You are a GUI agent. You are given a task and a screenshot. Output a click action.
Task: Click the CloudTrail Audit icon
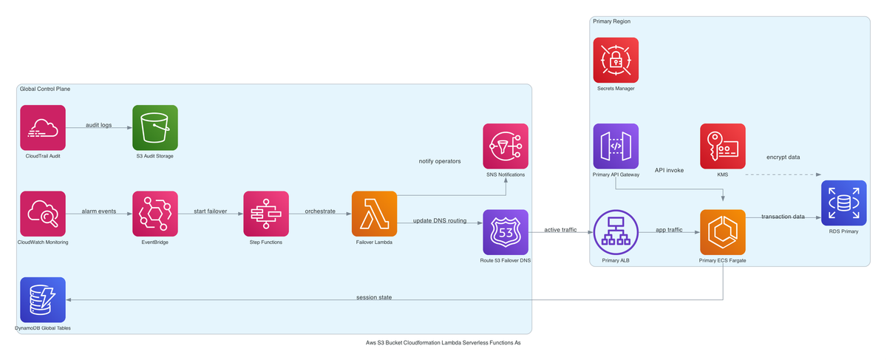pos(43,127)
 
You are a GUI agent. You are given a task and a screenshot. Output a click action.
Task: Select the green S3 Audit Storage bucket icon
pos(155,127)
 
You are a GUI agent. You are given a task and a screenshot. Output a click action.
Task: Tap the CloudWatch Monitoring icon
pos(43,214)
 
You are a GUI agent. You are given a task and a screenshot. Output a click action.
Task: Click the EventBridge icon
pos(155,214)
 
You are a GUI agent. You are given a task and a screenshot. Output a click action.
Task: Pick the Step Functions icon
pos(266,214)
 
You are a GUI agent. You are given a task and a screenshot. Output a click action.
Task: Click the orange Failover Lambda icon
pos(374,214)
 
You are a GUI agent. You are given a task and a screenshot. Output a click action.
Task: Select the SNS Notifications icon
pos(506,146)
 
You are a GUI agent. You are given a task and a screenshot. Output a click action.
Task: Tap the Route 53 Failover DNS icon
pos(506,232)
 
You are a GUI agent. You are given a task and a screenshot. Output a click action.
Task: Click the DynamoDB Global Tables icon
pos(43,299)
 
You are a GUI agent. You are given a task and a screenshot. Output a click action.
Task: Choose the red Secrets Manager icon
pos(616,60)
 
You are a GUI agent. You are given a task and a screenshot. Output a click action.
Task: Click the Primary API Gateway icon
pos(616,146)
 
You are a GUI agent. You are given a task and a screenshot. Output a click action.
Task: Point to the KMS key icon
pos(722,146)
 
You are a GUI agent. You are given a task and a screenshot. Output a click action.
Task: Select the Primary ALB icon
pos(616,232)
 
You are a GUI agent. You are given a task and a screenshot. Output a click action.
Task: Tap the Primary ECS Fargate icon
pos(722,232)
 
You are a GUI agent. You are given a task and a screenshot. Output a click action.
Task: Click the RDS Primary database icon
pos(843,202)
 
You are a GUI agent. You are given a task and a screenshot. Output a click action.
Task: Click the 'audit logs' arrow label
pos(99,125)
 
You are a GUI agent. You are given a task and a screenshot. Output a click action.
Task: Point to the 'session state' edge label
pos(374,297)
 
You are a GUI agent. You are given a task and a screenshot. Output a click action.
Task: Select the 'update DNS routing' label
pos(439,220)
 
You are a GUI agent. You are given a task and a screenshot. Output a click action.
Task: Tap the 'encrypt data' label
pos(783,157)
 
